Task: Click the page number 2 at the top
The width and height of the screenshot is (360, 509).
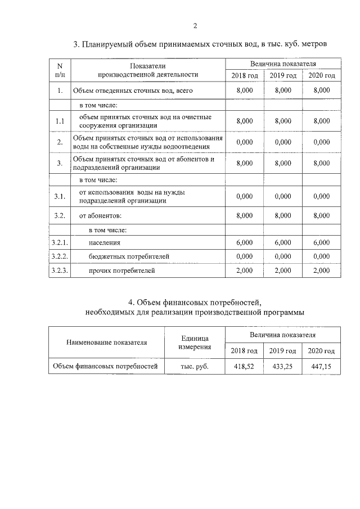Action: (x=195, y=25)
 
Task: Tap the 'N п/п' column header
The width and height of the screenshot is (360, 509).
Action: (x=60, y=70)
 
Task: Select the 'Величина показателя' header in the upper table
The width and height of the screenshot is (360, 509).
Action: (x=283, y=64)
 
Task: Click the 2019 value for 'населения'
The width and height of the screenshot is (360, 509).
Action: (x=283, y=242)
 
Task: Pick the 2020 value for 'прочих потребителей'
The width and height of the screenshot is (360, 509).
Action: (x=321, y=271)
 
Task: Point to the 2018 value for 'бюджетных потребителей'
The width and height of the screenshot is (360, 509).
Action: (x=245, y=256)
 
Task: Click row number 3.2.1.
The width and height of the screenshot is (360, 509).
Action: (x=60, y=242)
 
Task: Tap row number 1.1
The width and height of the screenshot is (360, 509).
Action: (x=60, y=121)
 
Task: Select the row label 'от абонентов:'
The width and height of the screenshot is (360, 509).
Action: (x=100, y=215)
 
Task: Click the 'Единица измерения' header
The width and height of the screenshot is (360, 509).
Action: (x=195, y=343)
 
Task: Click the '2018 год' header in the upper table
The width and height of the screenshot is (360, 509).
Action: (x=245, y=75)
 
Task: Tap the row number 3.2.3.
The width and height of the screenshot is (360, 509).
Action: (x=60, y=271)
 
